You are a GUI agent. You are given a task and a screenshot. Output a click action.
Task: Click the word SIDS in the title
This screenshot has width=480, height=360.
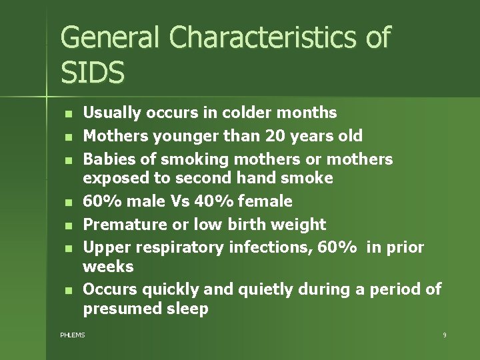click(x=93, y=71)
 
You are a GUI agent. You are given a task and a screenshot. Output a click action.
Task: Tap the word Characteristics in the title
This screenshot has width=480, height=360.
click(x=263, y=37)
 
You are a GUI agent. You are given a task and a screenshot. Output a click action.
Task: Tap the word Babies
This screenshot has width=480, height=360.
click(x=107, y=159)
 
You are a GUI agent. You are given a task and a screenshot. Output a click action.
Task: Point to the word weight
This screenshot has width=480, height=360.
click(x=300, y=225)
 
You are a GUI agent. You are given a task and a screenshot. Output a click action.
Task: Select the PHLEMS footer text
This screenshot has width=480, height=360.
click(x=73, y=335)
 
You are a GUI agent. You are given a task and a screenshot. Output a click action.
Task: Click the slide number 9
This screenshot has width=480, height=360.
click(x=444, y=335)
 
